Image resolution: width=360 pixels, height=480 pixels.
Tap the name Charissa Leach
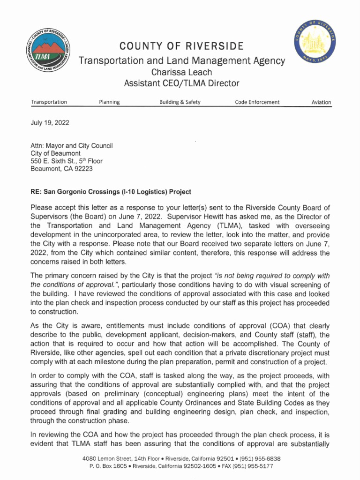[x=181, y=72]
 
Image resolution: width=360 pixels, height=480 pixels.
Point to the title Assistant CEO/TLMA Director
[x=181, y=84]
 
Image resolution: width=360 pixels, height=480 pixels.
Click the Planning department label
[x=109, y=102]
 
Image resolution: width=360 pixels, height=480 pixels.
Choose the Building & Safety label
[x=180, y=102]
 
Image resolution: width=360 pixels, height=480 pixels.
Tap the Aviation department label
[x=321, y=102]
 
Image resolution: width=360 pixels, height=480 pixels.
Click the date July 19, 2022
[x=50, y=123]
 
